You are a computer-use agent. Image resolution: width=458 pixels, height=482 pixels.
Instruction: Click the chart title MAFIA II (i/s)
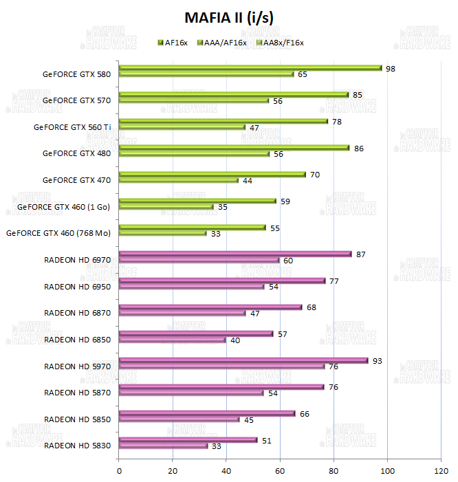(229, 17)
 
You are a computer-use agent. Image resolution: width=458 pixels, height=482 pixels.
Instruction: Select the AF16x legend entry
(177, 43)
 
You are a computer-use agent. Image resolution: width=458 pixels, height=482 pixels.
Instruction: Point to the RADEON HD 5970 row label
(77, 366)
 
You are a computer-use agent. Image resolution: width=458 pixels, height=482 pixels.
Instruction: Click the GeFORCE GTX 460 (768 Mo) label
(58, 233)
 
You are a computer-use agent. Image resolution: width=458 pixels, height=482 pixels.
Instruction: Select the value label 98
(391, 68)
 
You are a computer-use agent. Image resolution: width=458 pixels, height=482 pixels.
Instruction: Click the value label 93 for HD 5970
(377, 360)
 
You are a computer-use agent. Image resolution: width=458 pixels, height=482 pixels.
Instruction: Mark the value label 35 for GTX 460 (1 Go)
(223, 207)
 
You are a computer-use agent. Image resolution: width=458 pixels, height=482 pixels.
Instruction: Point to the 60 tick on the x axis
(280, 471)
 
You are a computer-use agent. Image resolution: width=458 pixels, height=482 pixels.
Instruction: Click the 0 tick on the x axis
(120, 471)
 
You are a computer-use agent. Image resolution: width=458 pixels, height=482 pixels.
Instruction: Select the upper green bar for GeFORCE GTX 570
(234, 95)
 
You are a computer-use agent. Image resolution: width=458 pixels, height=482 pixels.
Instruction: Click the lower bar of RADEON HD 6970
(199, 261)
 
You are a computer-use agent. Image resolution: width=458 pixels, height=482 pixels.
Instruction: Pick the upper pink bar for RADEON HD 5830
(188, 440)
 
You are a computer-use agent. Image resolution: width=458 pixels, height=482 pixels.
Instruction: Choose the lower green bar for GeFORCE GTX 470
(179, 180)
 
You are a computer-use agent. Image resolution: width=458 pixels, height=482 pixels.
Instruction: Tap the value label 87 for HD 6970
(361, 254)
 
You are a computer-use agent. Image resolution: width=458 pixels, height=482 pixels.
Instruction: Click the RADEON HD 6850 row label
(77, 340)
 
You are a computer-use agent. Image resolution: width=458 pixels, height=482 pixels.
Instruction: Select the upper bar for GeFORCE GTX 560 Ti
(223, 122)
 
